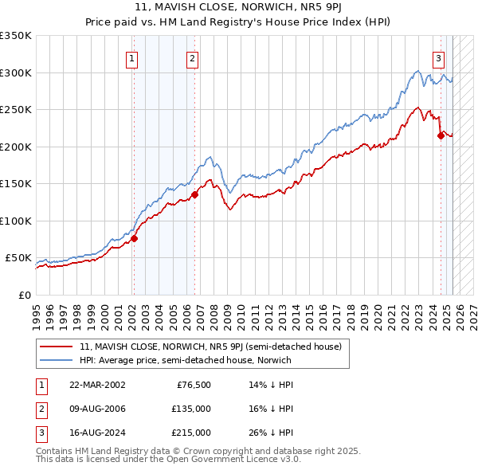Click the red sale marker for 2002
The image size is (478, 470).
[134, 238]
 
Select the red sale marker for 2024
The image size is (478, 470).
[441, 135]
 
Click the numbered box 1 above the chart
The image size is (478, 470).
[131, 57]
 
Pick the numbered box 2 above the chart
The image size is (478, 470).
[193, 57]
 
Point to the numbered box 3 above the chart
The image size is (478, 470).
[438, 57]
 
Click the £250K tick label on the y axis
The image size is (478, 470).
[16, 109]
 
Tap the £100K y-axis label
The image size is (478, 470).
[16, 221]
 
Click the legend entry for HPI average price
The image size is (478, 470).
[185, 360]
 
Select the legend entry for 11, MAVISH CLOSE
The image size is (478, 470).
[210, 347]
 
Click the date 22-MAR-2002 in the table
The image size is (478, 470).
[96, 385]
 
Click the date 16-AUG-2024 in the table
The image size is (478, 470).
[96, 433]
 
